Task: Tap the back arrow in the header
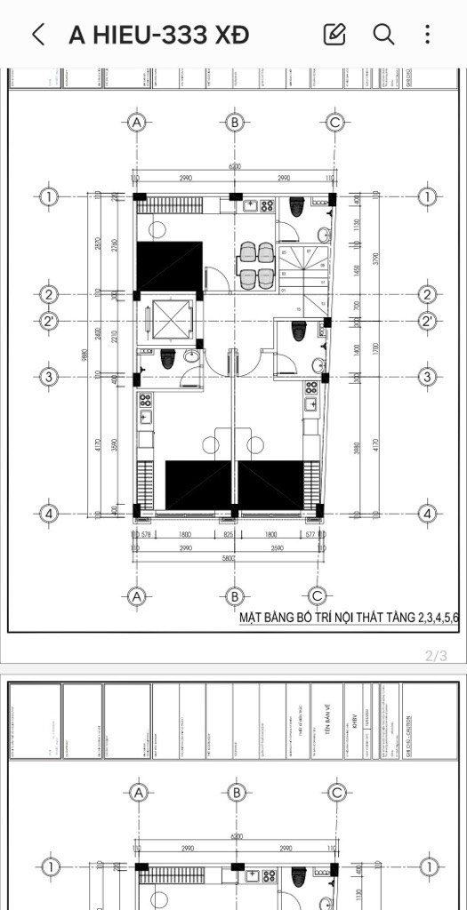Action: [x=38, y=35]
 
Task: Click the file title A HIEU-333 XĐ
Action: [x=158, y=35]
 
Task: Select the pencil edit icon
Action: [x=334, y=35]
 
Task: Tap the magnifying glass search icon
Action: [x=383, y=35]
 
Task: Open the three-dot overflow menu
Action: [x=428, y=35]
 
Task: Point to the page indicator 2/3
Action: [x=436, y=656]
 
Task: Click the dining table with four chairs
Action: [x=255, y=265]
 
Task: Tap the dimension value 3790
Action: [x=376, y=259]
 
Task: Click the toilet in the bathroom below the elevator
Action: [x=166, y=361]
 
